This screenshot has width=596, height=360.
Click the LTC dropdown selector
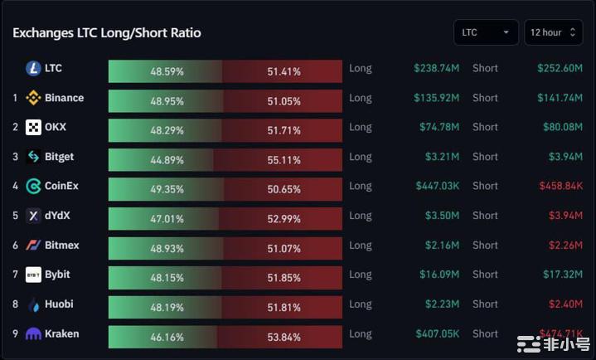486,32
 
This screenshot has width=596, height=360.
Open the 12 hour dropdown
553,32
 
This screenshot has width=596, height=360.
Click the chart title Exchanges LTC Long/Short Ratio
107,33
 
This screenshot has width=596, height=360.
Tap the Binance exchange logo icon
33,98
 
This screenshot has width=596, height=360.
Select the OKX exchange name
56,127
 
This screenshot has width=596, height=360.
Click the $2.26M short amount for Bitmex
565,245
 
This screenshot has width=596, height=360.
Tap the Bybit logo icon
33,275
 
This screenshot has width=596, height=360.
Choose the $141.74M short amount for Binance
560,98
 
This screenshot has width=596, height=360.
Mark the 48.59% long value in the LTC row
167,71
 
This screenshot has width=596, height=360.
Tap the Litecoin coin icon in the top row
33,68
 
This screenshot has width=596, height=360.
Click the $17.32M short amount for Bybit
562,275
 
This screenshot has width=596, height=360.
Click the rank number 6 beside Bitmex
15,245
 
